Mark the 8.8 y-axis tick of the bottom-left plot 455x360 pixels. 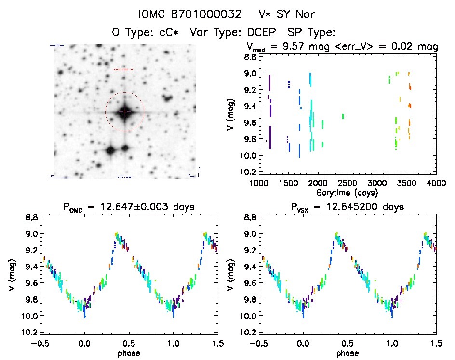(32, 217)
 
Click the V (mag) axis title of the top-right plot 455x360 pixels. (232, 114)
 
